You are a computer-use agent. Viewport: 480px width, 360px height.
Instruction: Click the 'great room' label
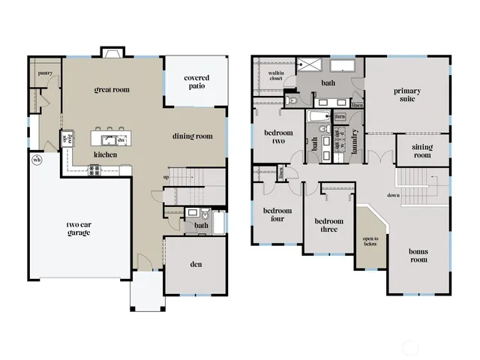(112, 90)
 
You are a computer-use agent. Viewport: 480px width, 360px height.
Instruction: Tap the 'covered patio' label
(196, 82)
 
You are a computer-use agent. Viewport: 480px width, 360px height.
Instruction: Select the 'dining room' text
(193, 136)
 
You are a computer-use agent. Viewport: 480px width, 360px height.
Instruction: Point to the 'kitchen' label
(104, 154)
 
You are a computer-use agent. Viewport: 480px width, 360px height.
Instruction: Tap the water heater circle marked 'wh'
(36, 160)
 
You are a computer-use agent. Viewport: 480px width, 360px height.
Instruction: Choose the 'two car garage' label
(78, 228)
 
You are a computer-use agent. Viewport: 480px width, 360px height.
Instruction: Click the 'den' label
(196, 264)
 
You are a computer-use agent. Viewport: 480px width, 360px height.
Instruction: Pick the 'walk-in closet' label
(274, 74)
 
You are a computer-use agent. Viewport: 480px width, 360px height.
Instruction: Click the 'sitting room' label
(422, 151)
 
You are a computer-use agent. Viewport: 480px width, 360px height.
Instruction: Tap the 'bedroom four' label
(277, 215)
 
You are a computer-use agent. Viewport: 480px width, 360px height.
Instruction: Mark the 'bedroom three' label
(328, 225)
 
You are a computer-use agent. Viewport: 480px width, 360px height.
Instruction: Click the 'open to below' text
(370, 241)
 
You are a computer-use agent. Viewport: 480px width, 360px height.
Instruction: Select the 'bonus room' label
(418, 255)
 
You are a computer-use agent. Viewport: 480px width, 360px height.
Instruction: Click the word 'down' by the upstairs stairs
(393, 195)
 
